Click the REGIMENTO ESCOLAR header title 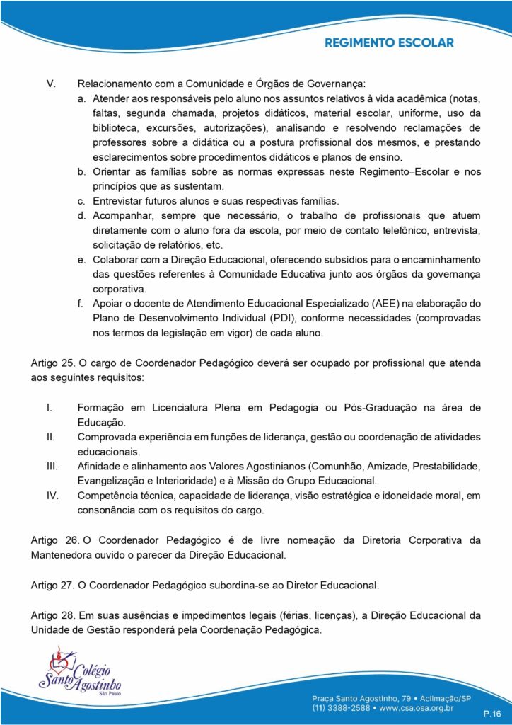pyautogui.click(x=389, y=43)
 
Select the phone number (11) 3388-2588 pyautogui.click(x=340, y=706)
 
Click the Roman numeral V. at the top pyautogui.click(x=50, y=84)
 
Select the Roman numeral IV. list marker pyautogui.click(x=52, y=496)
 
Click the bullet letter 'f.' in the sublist pyautogui.click(x=82, y=304)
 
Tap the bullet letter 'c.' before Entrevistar pyautogui.click(x=82, y=201)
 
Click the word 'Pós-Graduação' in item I pyautogui.click(x=373, y=407)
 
